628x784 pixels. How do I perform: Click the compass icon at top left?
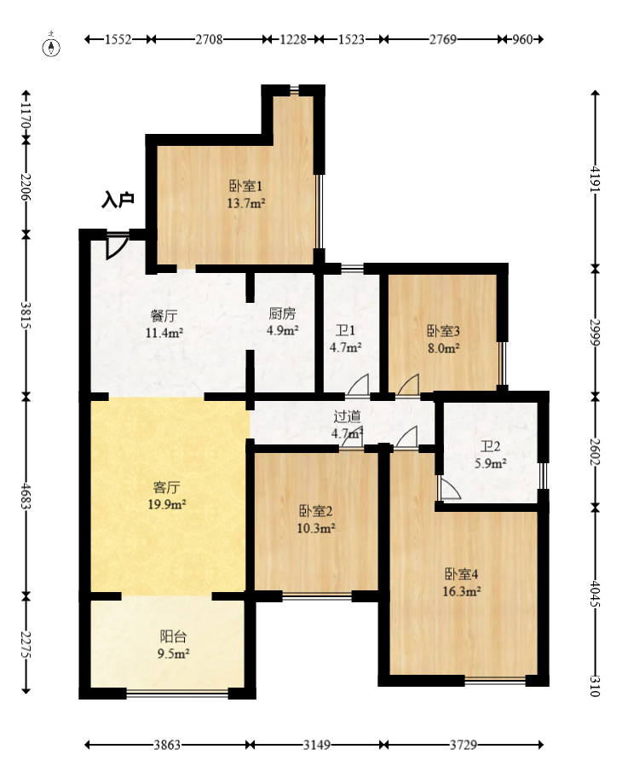(51, 45)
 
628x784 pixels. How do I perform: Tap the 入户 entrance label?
(118, 200)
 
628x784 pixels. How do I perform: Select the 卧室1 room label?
(245, 186)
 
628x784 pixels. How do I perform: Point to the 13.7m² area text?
(245, 204)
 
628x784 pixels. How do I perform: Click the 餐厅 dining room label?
(164, 316)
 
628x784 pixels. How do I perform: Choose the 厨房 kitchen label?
(282, 313)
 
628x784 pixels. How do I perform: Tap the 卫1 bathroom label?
(345, 330)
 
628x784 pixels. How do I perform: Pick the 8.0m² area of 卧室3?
(444, 348)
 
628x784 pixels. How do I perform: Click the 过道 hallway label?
(347, 416)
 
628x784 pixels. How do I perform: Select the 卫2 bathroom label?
(490, 446)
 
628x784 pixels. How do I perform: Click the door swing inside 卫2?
(449, 487)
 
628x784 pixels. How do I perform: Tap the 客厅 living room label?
(166, 487)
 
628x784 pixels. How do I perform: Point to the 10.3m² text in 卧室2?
(316, 528)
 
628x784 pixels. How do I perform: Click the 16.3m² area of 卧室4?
(462, 591)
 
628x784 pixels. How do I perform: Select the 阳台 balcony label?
(173, 636)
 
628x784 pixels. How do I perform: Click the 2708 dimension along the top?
(209, 39)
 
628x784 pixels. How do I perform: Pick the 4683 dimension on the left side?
(26, 496)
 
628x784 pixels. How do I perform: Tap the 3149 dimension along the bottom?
(317, 745)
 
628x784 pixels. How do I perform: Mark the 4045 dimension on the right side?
(595, 593)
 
